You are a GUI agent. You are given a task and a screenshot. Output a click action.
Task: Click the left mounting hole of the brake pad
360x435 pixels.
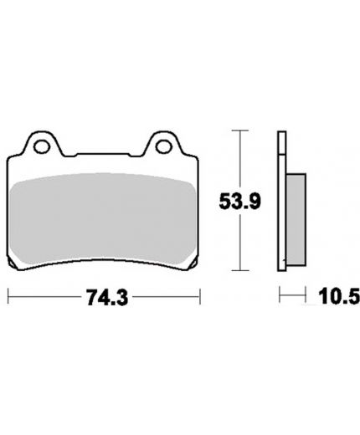coord(42,147)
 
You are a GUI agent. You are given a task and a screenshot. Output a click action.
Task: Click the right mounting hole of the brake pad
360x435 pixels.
coord(164,147)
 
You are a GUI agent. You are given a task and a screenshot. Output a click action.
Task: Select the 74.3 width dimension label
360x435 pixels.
coord(107,297)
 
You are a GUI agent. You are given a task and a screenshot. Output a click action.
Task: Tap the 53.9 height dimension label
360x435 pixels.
coord(240,202)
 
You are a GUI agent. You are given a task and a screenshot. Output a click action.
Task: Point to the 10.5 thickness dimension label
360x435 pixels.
coord(339,296)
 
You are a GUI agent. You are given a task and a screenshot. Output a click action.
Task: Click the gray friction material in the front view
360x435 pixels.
coord(103,218)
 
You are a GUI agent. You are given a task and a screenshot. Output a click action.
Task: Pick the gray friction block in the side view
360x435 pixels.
coord(296,219)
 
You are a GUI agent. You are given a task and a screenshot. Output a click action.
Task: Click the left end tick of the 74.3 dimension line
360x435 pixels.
coord(8,296)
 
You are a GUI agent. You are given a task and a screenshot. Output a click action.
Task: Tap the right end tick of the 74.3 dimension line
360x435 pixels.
coord(200,296)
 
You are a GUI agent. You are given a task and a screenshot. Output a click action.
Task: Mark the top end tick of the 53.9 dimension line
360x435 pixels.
coord(240,130)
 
